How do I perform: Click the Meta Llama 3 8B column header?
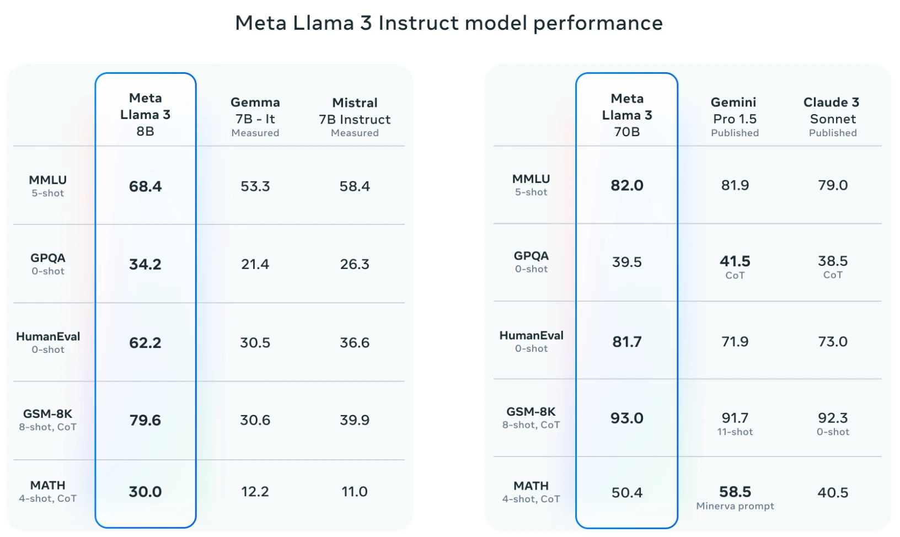click(x=145, y=115)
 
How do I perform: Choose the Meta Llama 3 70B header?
click(x=627, y=115)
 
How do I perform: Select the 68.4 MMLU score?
click(x=145, y=186)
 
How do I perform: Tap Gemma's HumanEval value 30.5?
click(x=255, y=342)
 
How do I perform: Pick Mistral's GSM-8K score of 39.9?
click(x=355, y=420)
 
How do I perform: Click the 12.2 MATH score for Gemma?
click(x=255, y=491)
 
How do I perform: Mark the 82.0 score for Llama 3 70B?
click(x=627, y=185)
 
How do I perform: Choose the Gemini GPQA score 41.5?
click(x=735, y=261)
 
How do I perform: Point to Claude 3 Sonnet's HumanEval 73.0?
click(x=832, y=341)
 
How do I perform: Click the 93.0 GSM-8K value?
click(x=627, y=418)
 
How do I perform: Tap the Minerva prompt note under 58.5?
click(x=735, y=506)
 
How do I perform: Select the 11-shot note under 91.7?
click(x=735, y=432)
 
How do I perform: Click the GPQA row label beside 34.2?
click(x=48, y=258)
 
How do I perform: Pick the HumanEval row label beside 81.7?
click(x=531, y=336)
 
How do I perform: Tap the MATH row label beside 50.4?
click(x=531, y=486)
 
